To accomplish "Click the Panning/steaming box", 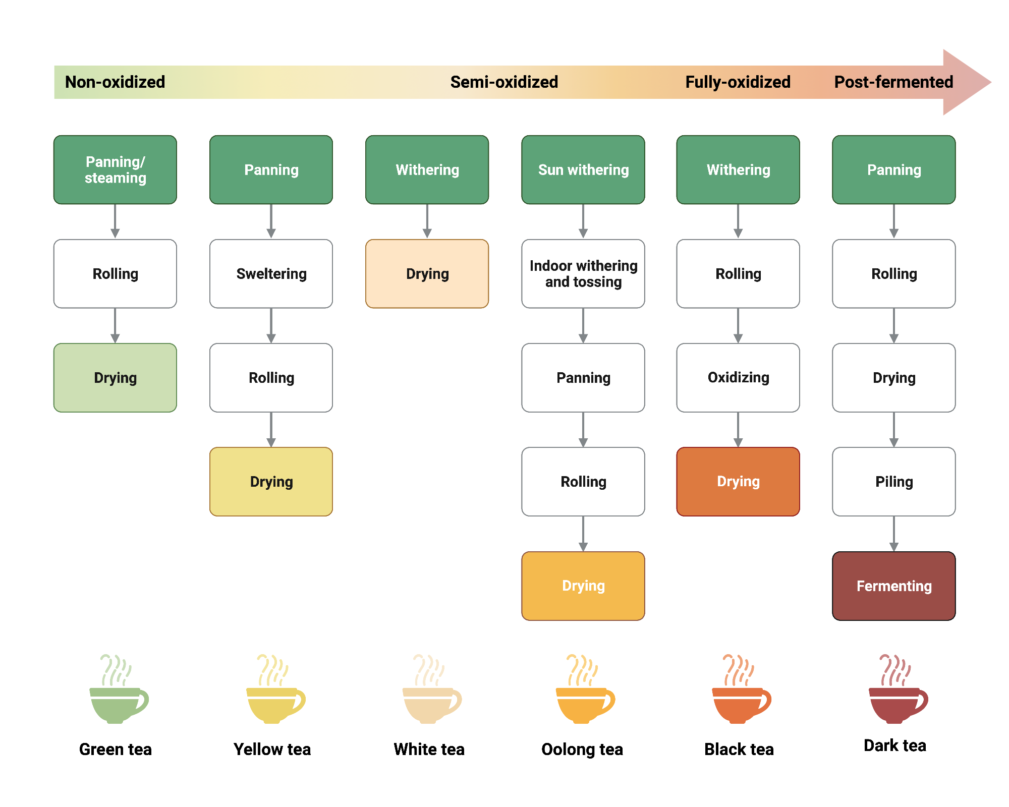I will tap(115, 169).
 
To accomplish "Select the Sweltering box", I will tap(271, 273).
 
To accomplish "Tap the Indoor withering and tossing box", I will tap(583, 273).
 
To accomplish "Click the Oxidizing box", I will tap(738, 377).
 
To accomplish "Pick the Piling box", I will tap(893, 481).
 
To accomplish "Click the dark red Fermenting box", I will tap(893, 586).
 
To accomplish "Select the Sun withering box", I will tap(583, 169).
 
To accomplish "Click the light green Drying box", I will tap(115, 377).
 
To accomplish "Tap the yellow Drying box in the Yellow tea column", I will tap(271, 481).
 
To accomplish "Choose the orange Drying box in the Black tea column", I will tap(738, 481).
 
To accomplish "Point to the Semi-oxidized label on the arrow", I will tap(504, 82).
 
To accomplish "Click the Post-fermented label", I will tap(893, 82).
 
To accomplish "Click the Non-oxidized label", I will tap(115, 82).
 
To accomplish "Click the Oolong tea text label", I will tap(582, 749).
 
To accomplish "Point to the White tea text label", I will tap(429, 749).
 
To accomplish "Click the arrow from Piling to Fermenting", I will tap(893, 534).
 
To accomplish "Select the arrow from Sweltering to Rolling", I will tap(271, 326).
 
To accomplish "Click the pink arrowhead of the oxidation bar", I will tap(966, 82).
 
